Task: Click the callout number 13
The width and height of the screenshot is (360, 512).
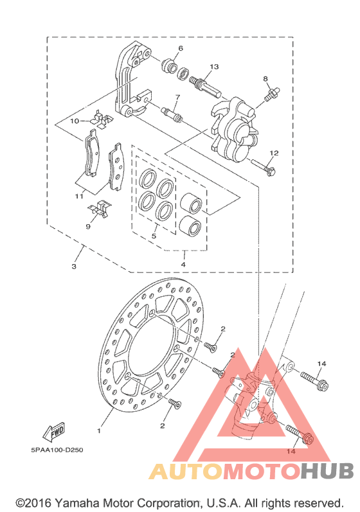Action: pos(214,67)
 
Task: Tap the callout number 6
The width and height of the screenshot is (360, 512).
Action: pos(181,48)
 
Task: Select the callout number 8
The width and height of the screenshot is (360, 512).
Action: pos(265,78)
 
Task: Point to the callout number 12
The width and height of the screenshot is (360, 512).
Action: pos(274,153)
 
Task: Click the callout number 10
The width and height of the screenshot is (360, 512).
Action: pos(75,121)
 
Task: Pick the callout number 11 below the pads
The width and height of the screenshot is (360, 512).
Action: pos(78,196)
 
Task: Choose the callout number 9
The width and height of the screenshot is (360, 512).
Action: pos(88,226)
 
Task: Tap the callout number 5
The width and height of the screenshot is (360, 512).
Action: pos(154,236)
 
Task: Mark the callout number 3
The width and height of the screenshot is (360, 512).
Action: pos(74,267)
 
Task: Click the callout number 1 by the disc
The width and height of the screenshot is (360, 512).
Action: pos(99,431)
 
